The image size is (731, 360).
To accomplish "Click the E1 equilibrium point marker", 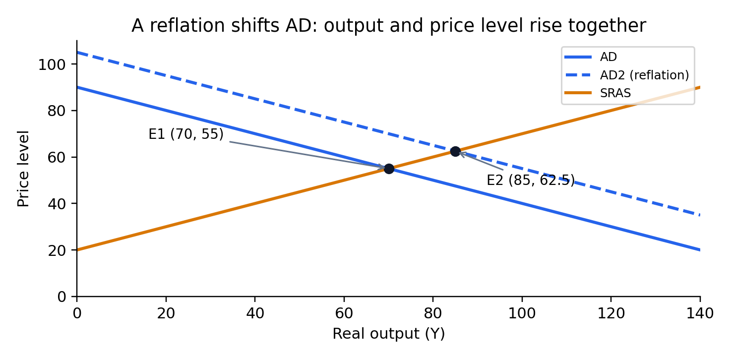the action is point(389,169).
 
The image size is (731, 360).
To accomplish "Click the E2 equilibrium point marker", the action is point(455,151).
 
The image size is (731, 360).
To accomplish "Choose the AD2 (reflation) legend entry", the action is point(627,75).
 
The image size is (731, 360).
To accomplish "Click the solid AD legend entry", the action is point(591,57).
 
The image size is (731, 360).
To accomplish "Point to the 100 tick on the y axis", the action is point(52,64).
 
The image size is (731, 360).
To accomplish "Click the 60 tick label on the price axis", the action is point(57,157).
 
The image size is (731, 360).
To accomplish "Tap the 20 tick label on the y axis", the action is point(57,250).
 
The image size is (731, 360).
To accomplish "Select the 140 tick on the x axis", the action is point(700,313).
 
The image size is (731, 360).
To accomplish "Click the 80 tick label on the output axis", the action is point(433,313).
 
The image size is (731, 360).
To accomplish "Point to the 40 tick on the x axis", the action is point(255,313).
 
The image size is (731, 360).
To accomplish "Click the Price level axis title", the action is point(23,169).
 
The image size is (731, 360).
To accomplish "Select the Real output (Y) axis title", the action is point(389,334).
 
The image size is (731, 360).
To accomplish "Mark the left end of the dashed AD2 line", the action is point(77,53).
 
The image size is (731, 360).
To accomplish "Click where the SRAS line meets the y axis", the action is point(77,250).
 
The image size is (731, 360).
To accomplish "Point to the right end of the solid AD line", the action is point(700,250).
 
